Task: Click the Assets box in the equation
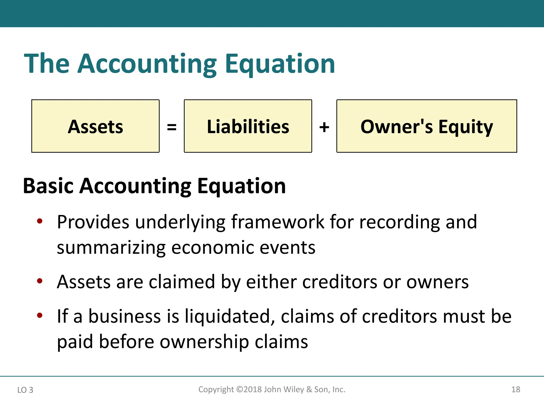point(95,126)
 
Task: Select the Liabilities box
point(248,126)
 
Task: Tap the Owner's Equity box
point(427,126)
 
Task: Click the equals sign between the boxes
point(172,127)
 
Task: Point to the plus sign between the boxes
point(324,127)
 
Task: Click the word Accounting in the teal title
point(147,64)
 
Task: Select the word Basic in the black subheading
point(48,186)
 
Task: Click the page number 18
point(516,389)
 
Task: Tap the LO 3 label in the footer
point(25,390)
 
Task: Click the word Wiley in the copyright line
point(294,389)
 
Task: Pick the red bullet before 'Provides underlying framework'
point(40,221)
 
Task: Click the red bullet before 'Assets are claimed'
point(40,281)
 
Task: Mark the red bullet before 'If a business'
point(40,315)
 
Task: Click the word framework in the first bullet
point(278,222)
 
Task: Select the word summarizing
point(111,248)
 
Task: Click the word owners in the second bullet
point(437,282)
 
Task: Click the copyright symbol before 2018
point(240,389)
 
